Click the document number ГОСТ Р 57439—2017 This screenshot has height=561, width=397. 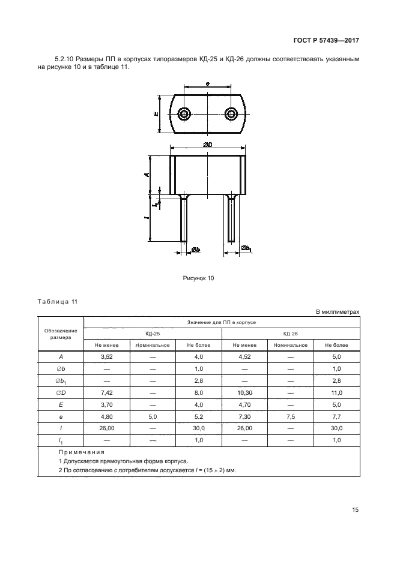pos(326,40)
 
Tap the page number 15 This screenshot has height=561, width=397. pos(355,510)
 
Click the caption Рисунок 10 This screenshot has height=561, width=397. pos(198,278)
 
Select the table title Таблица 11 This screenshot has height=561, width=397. pos(57,302)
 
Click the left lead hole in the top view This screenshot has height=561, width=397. pos(184,114)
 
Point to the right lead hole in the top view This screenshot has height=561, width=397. pos(231,114)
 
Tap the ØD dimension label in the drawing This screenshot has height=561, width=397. pos(208,145)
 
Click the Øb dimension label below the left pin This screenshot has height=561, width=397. pos(195,250)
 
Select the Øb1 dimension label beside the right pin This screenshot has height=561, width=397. pos(246,248)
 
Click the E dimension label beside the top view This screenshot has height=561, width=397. pos(156,114)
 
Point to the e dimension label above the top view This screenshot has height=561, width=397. pos(208,84)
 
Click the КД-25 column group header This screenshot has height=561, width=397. pos(153,334)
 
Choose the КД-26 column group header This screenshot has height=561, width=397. pos(290,334)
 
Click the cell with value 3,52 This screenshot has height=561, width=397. pos(107,357)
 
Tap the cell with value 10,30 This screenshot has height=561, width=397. pos(244,393)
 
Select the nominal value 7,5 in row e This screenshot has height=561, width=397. pos(290,417)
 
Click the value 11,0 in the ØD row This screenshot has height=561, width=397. pos(336,393)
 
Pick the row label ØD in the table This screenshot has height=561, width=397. pos(61,393)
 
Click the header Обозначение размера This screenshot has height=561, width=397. pos(61,334)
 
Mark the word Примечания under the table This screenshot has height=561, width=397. pos(82,452)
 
